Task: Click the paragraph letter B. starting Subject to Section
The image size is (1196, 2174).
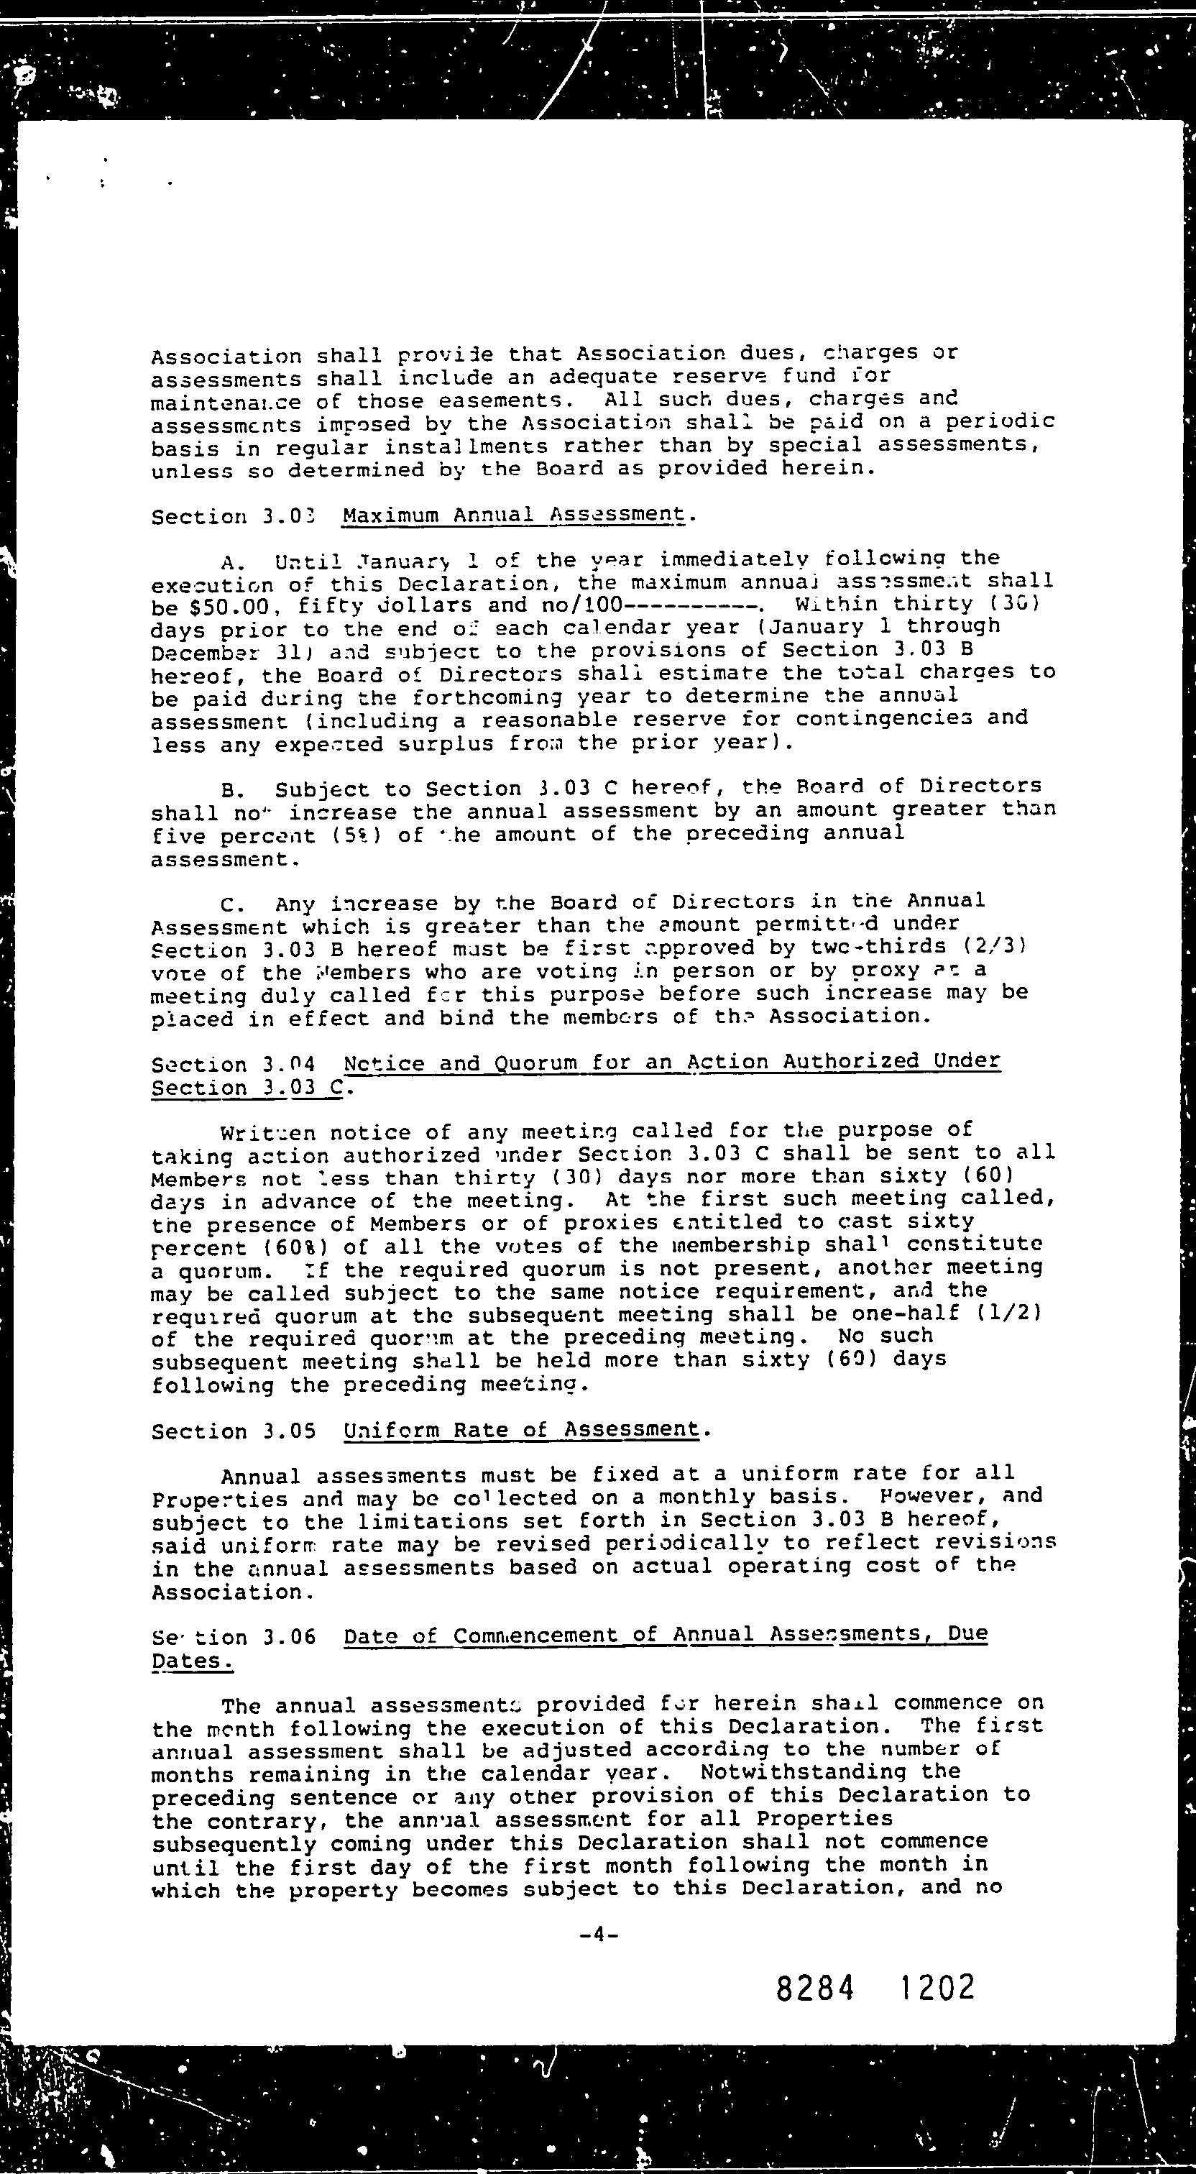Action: coord(232,790)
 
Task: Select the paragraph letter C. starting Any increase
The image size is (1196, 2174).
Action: coord(232,904)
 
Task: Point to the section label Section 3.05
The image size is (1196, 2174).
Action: coord(234,1431)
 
